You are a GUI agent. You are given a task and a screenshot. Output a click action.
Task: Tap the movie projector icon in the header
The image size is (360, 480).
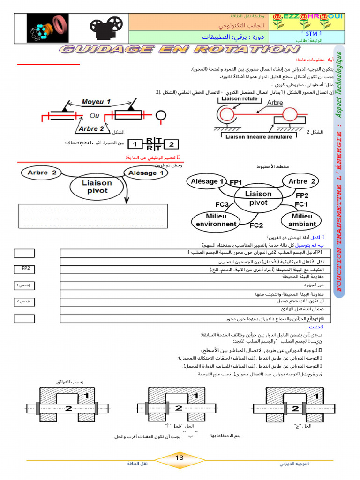(105, 28)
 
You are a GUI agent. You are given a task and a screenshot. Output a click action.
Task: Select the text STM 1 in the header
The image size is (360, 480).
(314, 34)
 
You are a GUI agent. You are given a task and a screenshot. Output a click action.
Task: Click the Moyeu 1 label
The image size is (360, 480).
(96, 102)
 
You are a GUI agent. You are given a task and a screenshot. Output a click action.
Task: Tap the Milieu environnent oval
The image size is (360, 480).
(216, 220)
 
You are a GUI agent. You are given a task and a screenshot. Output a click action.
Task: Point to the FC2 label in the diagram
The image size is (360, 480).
(256, 225)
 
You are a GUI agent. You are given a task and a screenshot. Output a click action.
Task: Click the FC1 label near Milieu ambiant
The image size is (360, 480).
(300, 205)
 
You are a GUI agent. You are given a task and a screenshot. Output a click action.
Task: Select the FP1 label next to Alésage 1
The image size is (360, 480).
(236, 182)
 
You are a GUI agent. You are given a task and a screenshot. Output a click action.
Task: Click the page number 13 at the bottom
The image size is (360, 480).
(180, 458)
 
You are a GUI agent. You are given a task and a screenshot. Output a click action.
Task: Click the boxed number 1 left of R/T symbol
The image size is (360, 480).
(135, 144)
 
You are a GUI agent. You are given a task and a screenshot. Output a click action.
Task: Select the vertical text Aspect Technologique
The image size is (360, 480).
(339, 84)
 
